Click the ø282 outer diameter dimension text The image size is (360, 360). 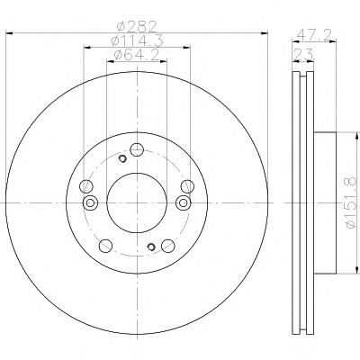tap(137, 27)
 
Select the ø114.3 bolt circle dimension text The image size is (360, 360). tap(137, 40)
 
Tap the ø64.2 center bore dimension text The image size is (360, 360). tap(137, 55)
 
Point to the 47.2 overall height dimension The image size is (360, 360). tap(314, 35)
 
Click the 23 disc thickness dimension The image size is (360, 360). tap(302, 55)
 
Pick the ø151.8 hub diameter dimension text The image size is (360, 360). tap(351, 202)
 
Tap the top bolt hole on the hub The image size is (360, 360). tap(137, 149)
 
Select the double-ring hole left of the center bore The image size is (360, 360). tap(90, 202)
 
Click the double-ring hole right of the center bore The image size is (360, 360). tap(183, 202)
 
